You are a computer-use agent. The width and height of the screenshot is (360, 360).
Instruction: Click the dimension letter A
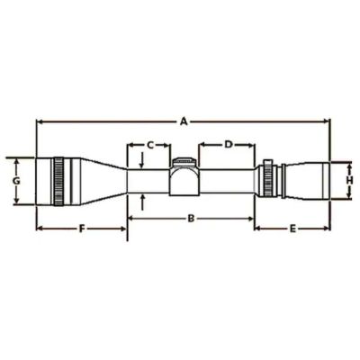(x=184, y=121)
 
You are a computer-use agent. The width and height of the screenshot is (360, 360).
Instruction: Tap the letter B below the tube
(x=191, y=219)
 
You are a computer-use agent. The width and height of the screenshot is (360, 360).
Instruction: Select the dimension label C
(x=150, y=145)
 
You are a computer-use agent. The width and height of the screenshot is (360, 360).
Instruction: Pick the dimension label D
(x=229, y=145)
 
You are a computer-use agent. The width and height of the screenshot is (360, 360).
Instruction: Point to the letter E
(x=292, y=229)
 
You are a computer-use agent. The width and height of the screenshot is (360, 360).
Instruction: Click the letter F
(x=82, y=229)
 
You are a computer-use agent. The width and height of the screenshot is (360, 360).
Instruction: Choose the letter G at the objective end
(x=16, y=181)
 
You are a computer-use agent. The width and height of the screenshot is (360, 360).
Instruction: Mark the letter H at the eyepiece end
(x=349, y=180)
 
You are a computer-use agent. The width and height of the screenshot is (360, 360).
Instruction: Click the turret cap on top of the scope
(x=184, y=162)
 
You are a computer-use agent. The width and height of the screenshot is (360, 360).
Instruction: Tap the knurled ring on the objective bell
(x=58, y=181)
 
